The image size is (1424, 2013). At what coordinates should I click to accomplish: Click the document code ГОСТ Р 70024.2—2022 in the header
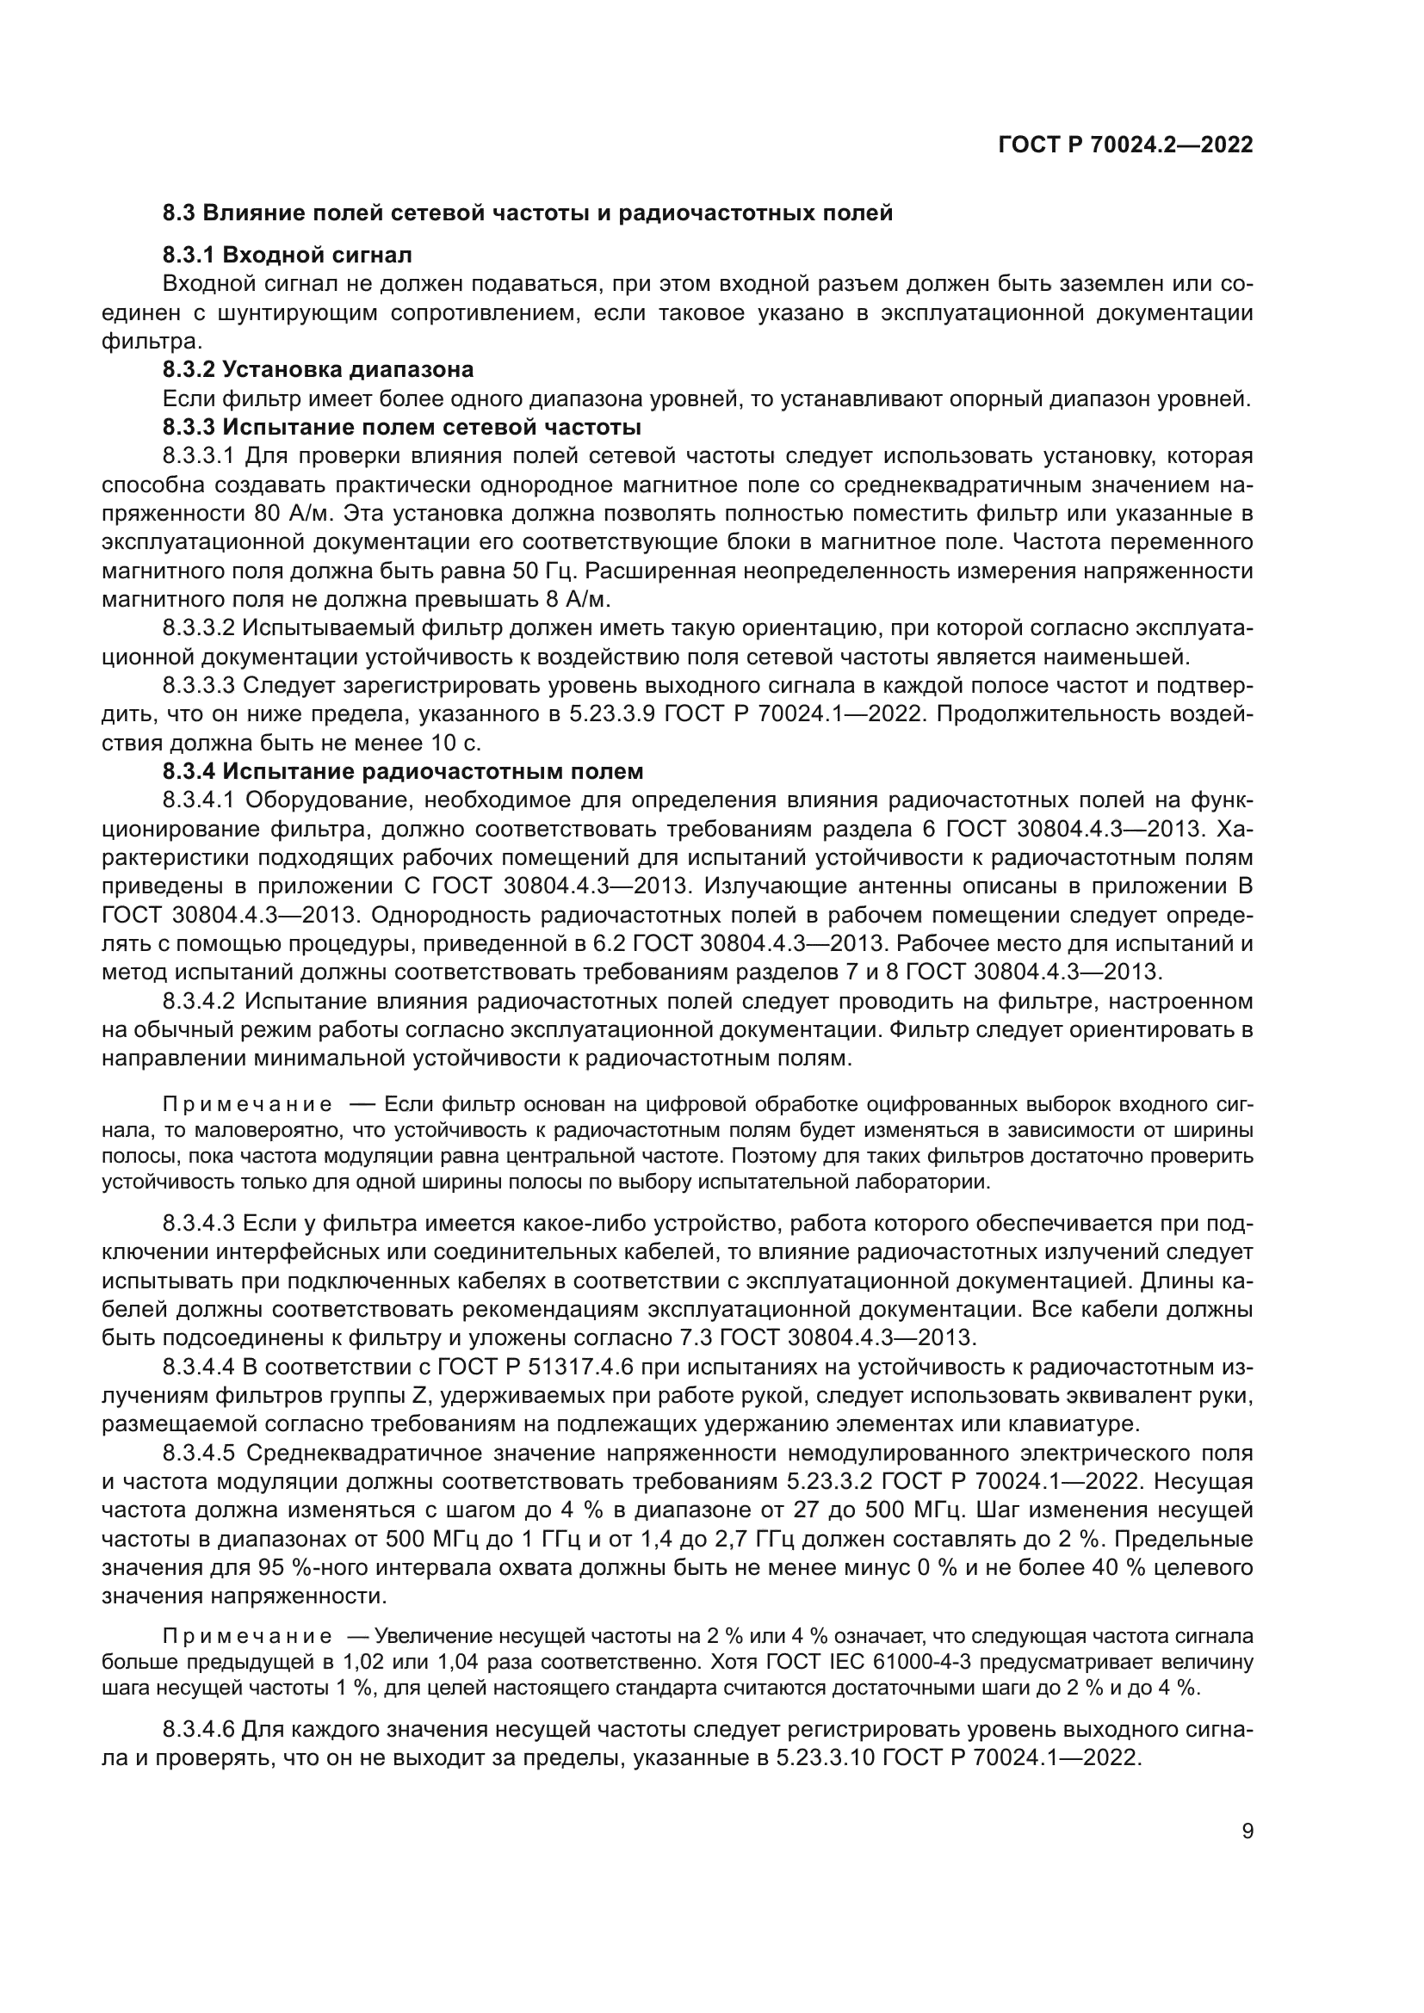1125,145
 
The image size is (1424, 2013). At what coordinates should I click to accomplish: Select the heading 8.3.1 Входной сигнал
287,255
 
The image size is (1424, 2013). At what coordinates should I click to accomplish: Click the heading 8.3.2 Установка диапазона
318,368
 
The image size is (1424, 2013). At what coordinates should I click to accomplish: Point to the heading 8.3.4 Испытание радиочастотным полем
402,771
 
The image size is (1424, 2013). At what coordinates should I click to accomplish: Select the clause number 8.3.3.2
199,628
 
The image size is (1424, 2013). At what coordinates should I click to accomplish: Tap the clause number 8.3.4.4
199,1367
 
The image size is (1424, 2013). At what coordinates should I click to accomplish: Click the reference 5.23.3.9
613,713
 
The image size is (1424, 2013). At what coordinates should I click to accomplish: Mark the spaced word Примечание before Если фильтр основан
248,1104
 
